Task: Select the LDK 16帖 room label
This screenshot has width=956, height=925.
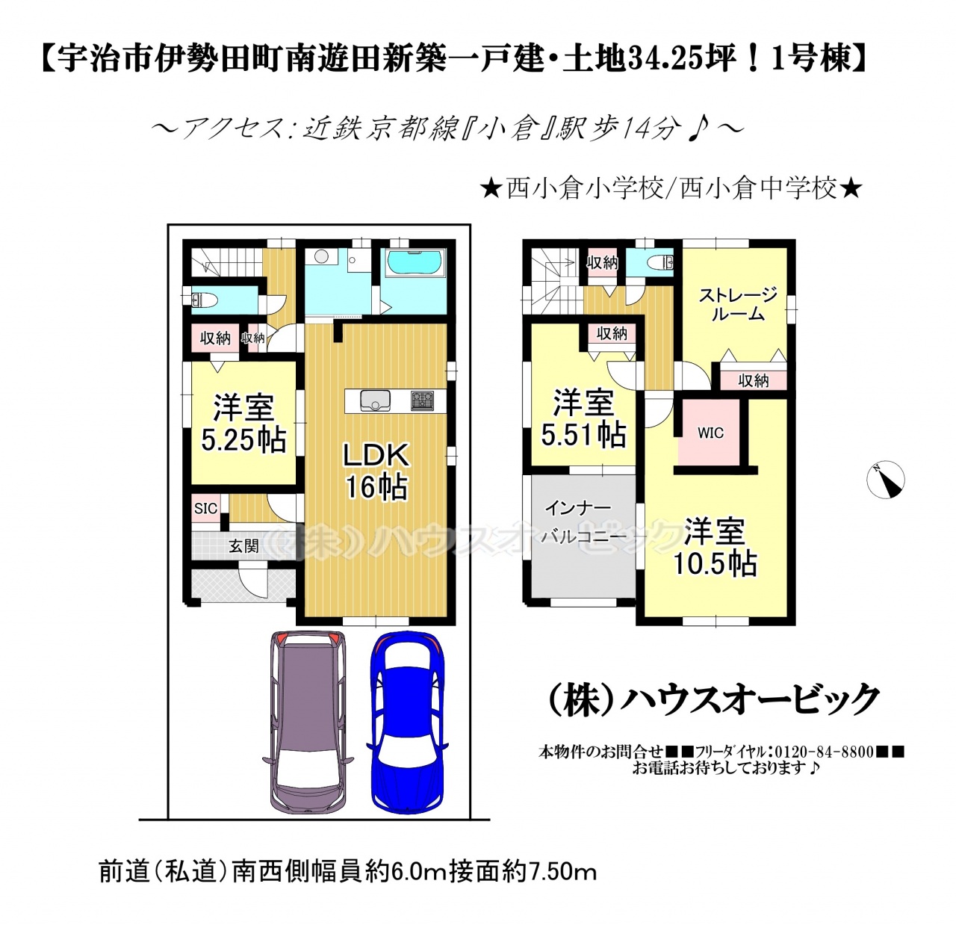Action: [376, 471]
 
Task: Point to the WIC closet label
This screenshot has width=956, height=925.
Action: [710, 433]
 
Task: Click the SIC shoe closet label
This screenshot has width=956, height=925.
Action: [205, 508]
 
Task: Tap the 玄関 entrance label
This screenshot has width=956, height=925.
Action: [243, 545]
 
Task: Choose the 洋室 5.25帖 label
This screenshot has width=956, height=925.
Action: [243, 423]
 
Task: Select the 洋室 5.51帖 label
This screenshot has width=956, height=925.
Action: [583, 418]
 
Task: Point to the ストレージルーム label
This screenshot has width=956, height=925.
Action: [738, 304]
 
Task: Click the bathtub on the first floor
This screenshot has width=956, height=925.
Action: [415, 264]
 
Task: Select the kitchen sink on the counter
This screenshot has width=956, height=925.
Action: [375, 400]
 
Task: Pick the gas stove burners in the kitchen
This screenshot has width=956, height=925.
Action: [422, 400]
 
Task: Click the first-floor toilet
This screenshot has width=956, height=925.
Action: [202, 299]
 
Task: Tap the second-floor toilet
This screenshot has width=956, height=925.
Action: [660, 263]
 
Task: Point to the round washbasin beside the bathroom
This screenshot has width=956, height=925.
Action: [321, 256]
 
